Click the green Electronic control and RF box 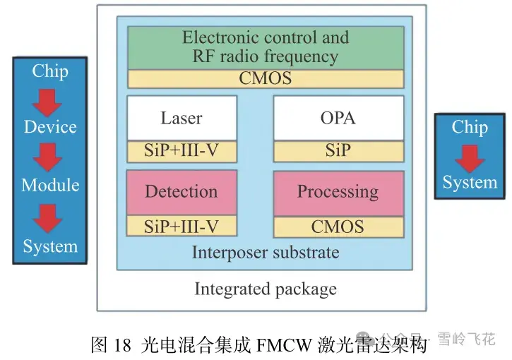pyautogui.click(x=265, y=47)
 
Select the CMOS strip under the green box pyautogui.click(x=265, y=78)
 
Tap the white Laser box pyautogui.click(x=181, y=118)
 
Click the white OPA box pyautogui.click(x=338, y=118)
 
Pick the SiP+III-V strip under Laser pyautogui.click(x=181, y=151)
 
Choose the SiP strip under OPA pyautogui.click(x=338, y=151)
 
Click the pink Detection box pyautogui.click(x=181, y=192)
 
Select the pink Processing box pyautogui.click(x=338, y=192)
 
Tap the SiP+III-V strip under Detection pyautogui.click(x=181, y=226)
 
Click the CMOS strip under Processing pyautogui.click(x=338, y=226)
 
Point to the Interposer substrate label pyautogui.click(x=265, y=252)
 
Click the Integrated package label pyautogui.click(x=265, y=289)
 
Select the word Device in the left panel pyautogui.click(x=50, y=127)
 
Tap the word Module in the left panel pyautogui.click(x=50, y=185)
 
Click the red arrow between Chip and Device pyautogui.click(x=49, y=98)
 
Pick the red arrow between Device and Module pyautogui.click(x=49, y=157)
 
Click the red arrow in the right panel pyautogui.click(x=469, y=156)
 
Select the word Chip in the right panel pyautogui.click(x=469, y=127)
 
